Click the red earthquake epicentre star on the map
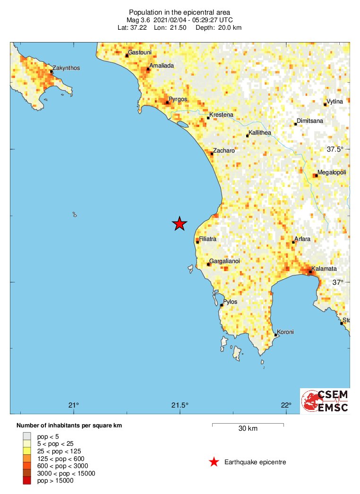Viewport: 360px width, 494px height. [x=179, y=223]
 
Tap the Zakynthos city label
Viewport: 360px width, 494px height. [x=66, y=68]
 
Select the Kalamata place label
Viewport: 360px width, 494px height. [x=324, y=268]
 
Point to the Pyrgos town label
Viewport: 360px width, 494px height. [x=178, y=99]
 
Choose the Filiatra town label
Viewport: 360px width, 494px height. [x=208, y=239]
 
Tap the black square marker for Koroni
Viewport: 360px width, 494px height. [x=275, y=335]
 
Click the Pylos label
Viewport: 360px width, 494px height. [x=230, y=301]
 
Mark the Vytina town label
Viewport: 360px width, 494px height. [x=335, y=102]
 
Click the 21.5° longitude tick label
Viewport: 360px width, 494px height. [x=180, y=405]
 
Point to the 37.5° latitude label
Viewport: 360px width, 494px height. [x=335, y=149]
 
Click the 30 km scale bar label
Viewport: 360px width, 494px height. [x=248, y=429]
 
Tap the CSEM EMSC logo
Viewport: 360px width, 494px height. [x=326, y=400]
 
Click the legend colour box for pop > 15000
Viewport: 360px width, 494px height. [x=26, y=481]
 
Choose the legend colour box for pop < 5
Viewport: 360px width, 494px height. [x=26, y=436]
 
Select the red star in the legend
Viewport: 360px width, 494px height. [x=214, y=462]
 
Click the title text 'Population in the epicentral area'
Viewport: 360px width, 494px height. [x=180, y=12]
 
